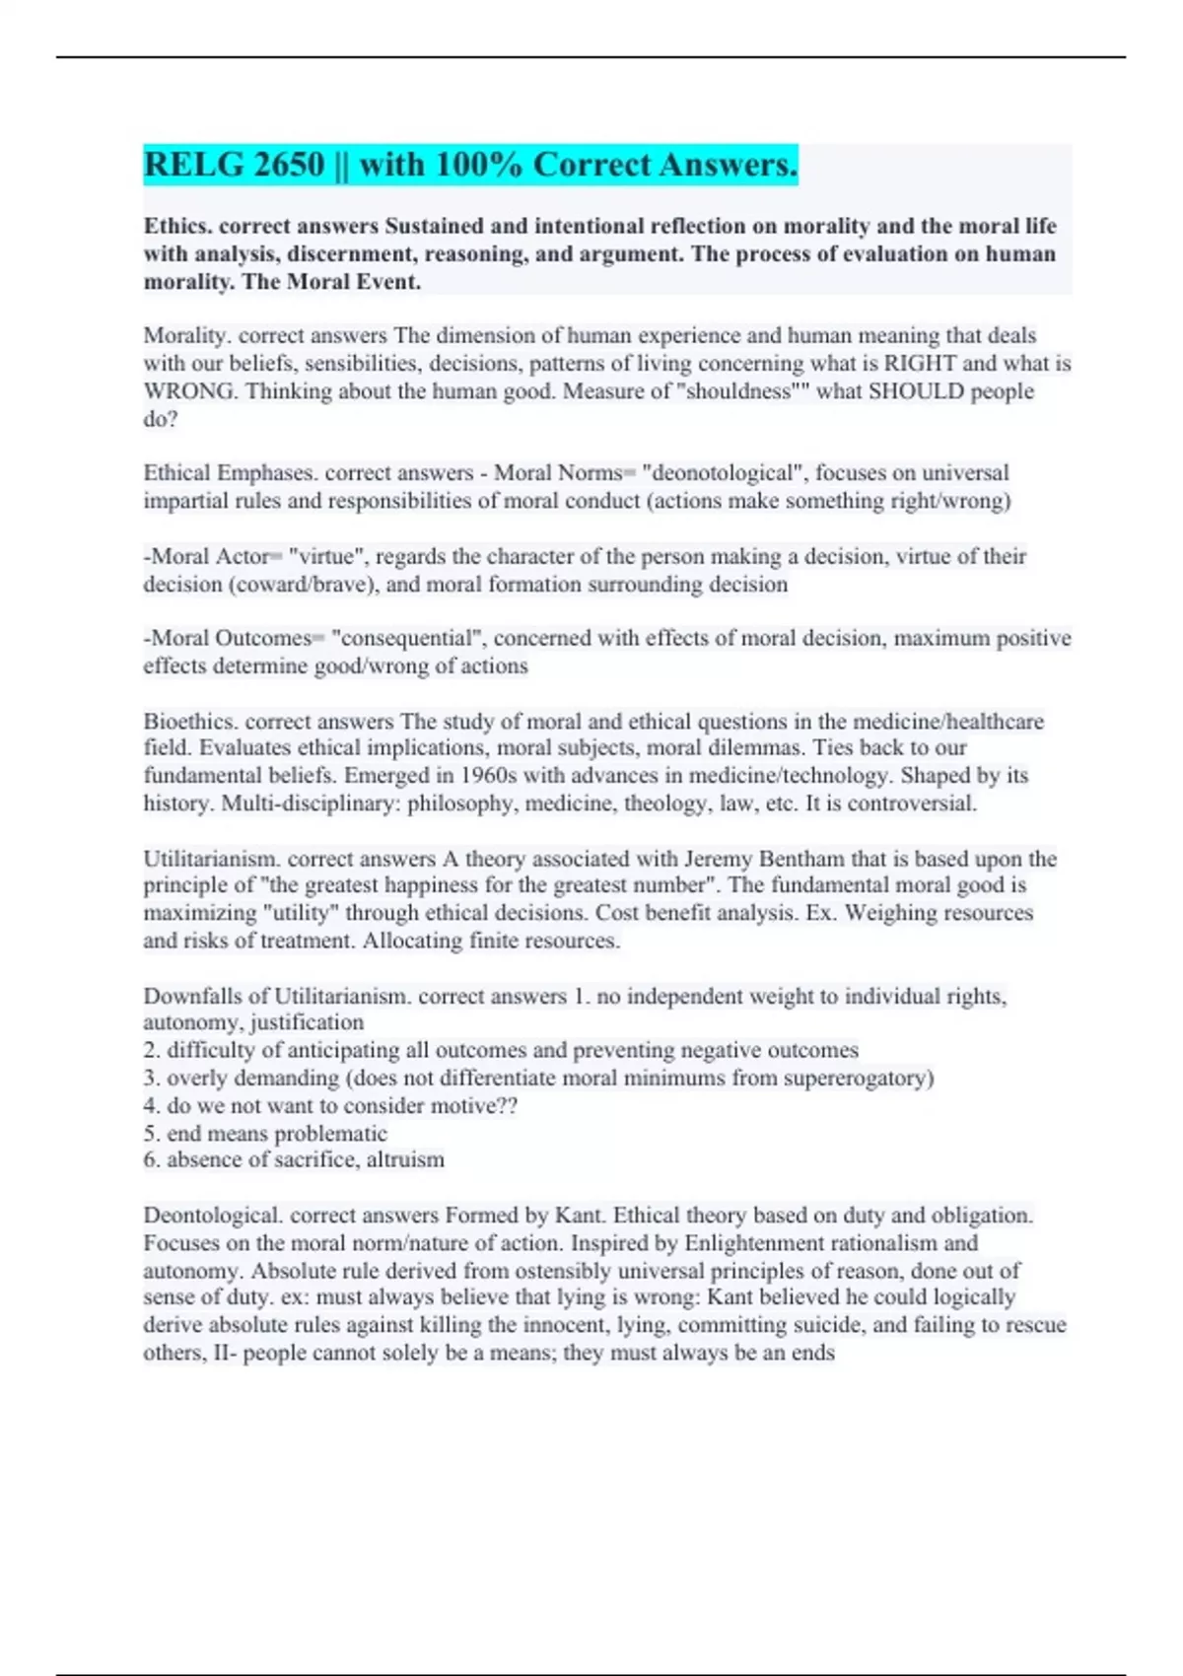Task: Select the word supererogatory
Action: [858, 1078]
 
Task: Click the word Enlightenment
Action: [761, 1242]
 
